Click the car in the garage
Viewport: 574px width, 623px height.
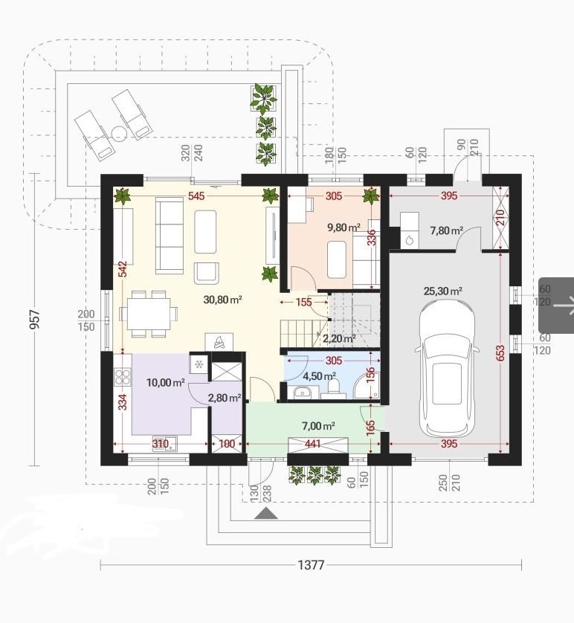pyautogui.click(x=447, y=369)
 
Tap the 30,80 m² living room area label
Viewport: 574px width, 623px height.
pyautogui.click(x=222, y=300)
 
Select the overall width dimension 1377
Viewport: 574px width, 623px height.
pyautogui.click(x=311, y=564)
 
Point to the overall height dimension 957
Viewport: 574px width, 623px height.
pyautogui.click(x=35, y=319)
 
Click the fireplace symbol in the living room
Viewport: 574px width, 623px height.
pyautogui.click(x=219, y=342)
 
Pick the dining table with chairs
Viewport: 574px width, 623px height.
pyautogui.click(x=149, y=314)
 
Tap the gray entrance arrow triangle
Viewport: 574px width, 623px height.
pyautogui.click(x=265, y=513)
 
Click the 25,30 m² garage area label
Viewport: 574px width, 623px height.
pyautogui.click(x=442, y=291)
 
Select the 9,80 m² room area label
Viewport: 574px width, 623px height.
pyautogui.click(x=344, y=227)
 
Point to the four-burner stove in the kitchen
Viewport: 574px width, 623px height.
pyautogui.click(x=123, y=377)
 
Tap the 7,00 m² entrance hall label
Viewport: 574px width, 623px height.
pyautogui.click(x=318, y=426)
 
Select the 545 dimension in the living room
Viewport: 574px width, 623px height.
pyautogui.click(x=196, y=196)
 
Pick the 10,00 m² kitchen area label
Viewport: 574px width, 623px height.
pyautogui.click(x=166, y=383)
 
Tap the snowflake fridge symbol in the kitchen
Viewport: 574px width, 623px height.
pyautogui.click(x=199, y=364)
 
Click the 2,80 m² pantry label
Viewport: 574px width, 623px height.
pyautogui.click(x=225, y=398)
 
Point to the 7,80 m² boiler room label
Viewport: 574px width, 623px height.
pyautogui.click(x=447, y=230)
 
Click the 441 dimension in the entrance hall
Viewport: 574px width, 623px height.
pyautogui.click(x=314, y=443)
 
